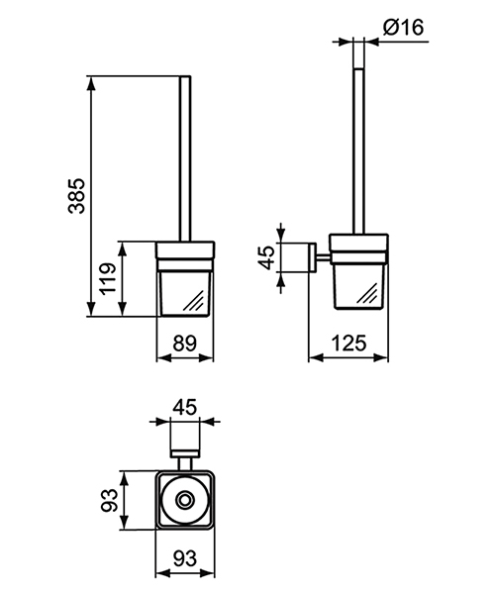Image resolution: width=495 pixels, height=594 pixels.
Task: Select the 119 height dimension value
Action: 108,278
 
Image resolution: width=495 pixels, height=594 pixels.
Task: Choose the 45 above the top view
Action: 183,407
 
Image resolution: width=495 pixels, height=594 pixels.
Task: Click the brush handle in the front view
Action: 183,158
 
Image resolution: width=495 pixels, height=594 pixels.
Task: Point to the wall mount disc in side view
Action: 309,259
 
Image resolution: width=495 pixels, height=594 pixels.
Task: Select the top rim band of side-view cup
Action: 359,245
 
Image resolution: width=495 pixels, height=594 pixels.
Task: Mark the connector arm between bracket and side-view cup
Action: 321,259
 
